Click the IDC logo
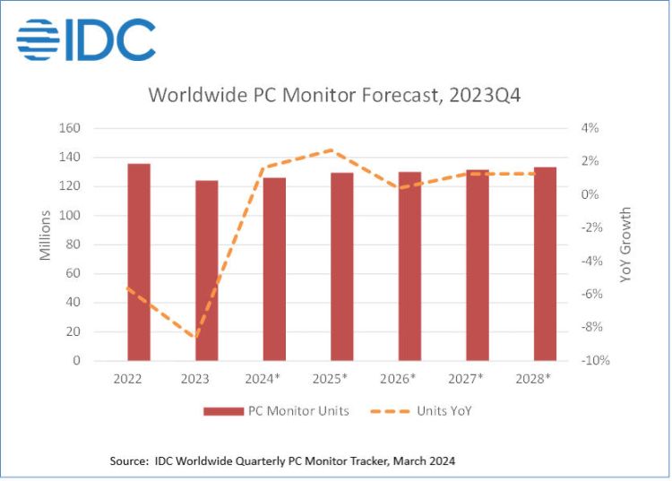pos(86,39)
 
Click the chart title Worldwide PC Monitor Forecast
pos(334,95)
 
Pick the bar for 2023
pos(206,270)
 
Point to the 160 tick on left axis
pos(94,128)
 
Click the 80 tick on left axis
pos(98,245)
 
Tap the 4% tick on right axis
pos(589,128)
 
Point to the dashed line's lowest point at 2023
pos(196,338)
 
